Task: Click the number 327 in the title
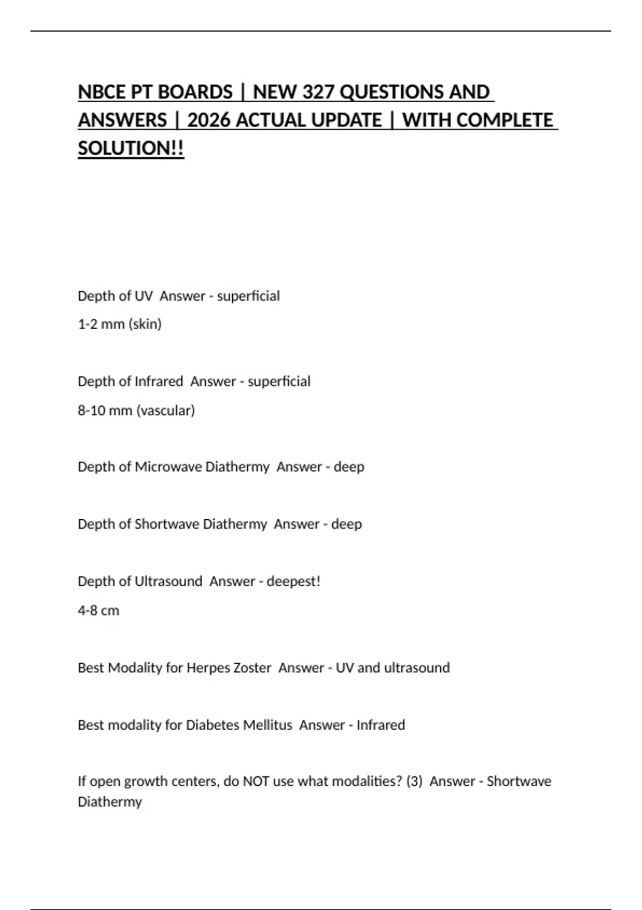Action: coord(319,92)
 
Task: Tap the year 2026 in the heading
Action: coord(209,120)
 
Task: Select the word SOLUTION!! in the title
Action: coord(131,148)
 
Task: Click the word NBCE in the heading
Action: coord(102,92)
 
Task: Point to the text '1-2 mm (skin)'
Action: coord(120,324)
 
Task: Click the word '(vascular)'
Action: coord(166,411)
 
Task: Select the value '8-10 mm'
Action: coord(105,411)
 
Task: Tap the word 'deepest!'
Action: coord(293,581)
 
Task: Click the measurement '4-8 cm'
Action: coord(98,610)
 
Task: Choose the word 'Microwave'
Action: coord(168,467)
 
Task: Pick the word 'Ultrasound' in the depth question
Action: coord(169,581)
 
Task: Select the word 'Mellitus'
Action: coord(267,725)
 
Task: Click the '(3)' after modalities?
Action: coord(414,782)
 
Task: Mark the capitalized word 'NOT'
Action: coord(256,782)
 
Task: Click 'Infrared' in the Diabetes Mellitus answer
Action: coord(380,725)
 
